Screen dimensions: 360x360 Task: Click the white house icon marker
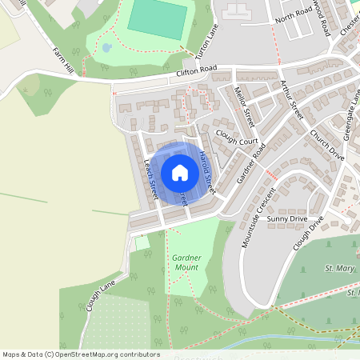tap(180, 173)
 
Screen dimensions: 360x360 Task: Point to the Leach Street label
tap(150, 178)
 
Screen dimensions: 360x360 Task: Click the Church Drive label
tap(326, 145)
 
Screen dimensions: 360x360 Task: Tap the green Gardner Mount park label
tap(186, 262)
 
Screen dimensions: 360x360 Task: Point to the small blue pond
tap(107, 47)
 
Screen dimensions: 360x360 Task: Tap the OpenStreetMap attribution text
tap(80, 354)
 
